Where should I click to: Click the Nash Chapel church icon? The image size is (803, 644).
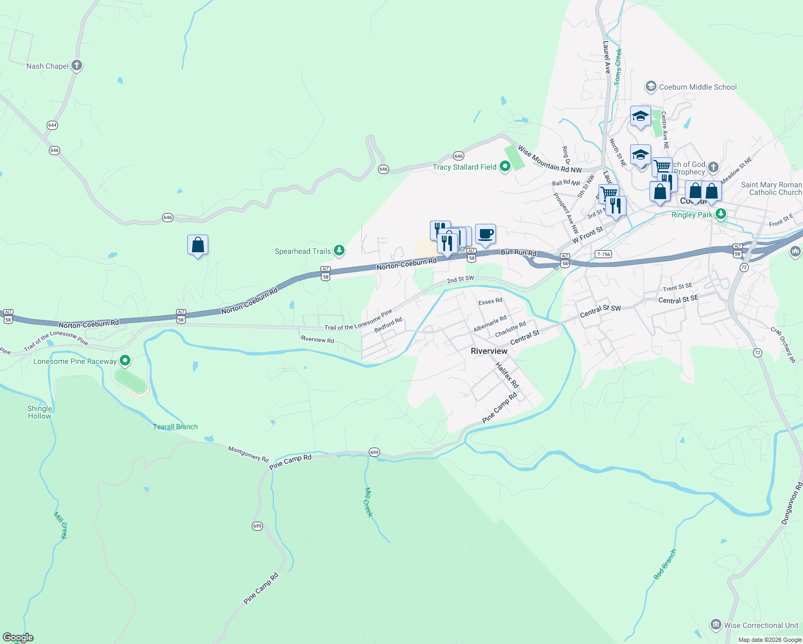tap(76, 65)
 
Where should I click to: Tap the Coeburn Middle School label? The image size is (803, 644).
tap(697, 87)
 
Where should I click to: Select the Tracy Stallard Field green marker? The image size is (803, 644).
tap(505, 167)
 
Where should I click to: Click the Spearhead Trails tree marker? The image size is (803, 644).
tap(339, 251)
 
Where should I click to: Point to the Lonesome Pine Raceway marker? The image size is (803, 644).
tap(125, 361)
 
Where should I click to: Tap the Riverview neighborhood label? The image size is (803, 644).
tap(488, 351)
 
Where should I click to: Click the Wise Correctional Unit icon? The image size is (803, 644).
tap(716, 625)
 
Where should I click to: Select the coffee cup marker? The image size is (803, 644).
tap(485, 234)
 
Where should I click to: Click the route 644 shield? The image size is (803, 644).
tap(52, 125)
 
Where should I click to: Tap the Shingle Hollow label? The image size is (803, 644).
tap(40, 412)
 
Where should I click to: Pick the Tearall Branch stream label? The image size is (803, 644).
tap(176, 427)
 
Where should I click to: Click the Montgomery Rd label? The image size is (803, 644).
tap(248, 453)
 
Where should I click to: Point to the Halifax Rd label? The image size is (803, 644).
tap(507, 375)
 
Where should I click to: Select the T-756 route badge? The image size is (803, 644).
tap(603, 254)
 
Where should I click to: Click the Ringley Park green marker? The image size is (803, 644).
tap(721, 214)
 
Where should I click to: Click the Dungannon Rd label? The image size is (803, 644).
tap(792, 503)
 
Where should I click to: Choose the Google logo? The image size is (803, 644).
tap(18, 638)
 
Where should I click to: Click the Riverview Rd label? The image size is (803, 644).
tap(317, 340)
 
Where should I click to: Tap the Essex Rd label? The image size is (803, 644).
tap(490, 301)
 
